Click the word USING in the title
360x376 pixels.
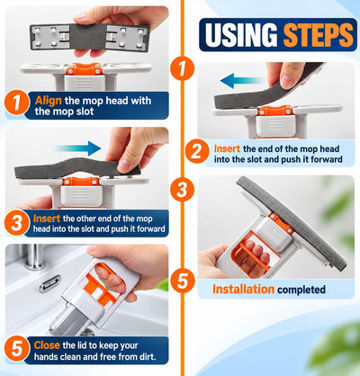pyautogui.click(x=241, y=34)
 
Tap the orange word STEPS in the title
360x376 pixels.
pyautogui.click(x=319, y=34)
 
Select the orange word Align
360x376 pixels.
pyautogui.click(x=48, y=101)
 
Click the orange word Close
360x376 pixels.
pyautogui.click(x=47, y=345)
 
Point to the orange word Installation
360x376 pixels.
pyautogui.click(x=243, y=289)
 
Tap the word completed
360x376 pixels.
pyautogui.click(x=301, y=290)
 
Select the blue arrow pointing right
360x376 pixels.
pyautogui.click(x=77, y=148)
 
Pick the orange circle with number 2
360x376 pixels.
pyautogui.click(x=197, y=151)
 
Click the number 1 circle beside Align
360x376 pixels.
pyautogui.click(x=17, y=103)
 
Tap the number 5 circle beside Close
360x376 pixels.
pyautogui.click(x=17, y=349)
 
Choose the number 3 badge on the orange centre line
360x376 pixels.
pyautogui.click(x=182, y=189)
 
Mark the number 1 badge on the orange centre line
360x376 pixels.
pyautogui.click(x=182, y=68)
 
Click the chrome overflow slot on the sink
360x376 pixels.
pyautogui.click(x=49, y=283)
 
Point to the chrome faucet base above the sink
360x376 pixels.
pyautogui.click(x=34, y=256)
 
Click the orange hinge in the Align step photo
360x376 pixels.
pyautogui.click(x=84, y=69)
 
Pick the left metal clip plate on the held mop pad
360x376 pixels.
pyautogui.click(x=50, y=37)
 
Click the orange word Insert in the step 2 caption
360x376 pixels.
pyautogui.click(x=227, y=148)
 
